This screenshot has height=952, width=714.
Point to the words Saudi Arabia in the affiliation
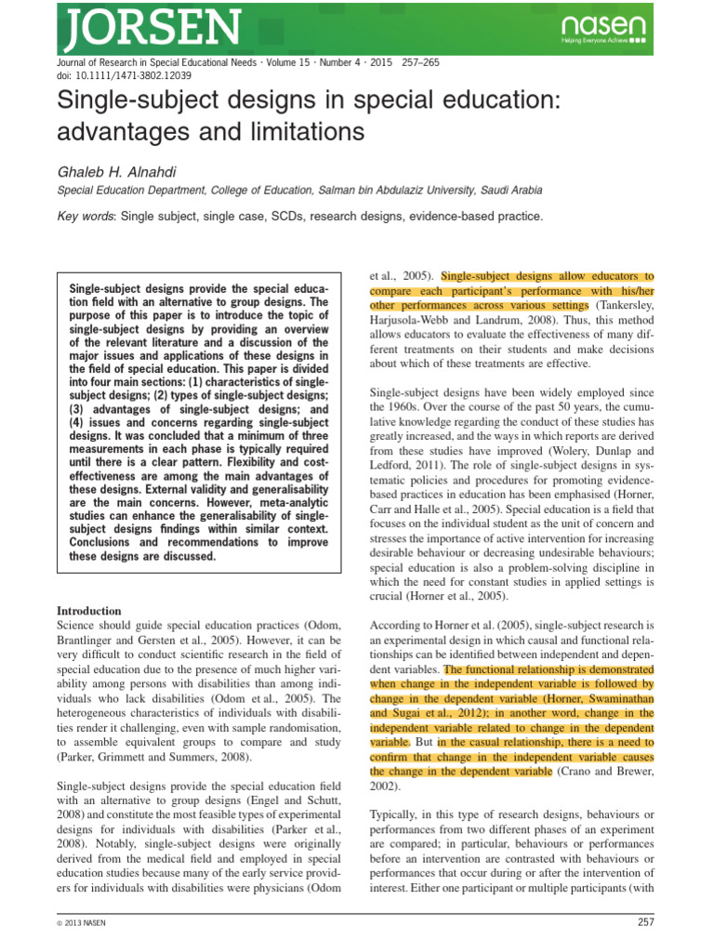tap(510, 190)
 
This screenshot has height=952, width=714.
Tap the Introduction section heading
tap(89, 611)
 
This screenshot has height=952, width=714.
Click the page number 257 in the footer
tap(646, 922)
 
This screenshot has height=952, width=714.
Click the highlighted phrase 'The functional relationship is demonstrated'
tap(549, 668)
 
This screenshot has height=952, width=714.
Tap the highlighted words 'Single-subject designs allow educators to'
tap(548, 276)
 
